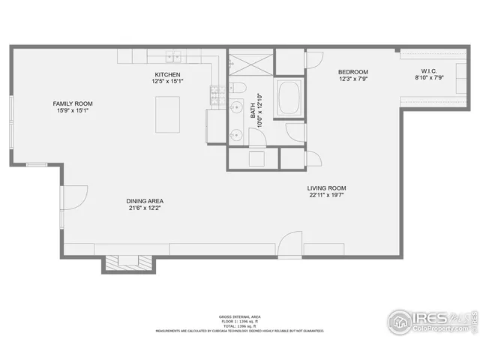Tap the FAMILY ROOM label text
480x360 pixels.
tap(71, 103)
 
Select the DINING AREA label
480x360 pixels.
tap(145, 201)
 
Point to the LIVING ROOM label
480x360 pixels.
tap(326, 188)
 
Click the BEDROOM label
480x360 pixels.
tap(352, 72)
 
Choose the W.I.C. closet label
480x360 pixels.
tap(427, 72)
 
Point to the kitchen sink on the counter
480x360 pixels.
tap(173, 55)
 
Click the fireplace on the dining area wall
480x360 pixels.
tap(129, 262)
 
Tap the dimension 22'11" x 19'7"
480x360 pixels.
tap(326, 196)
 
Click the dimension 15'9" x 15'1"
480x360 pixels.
tap(71, 111)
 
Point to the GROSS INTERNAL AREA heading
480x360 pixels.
tap(239, 317)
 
